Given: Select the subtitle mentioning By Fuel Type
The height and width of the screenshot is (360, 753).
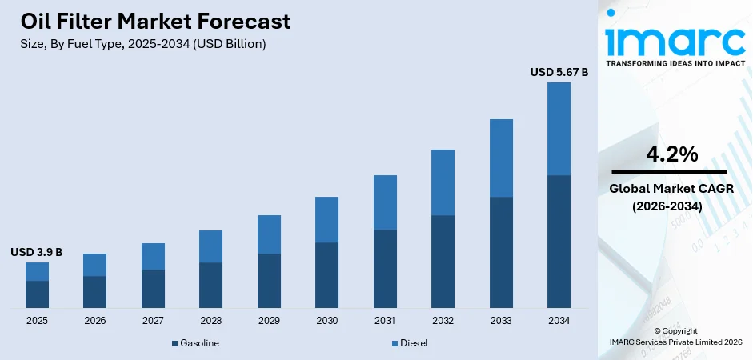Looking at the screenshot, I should (142, 44).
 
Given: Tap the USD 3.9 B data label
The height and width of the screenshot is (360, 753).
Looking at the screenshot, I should (36, 252).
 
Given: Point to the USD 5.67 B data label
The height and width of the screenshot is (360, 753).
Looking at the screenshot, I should (559, 72).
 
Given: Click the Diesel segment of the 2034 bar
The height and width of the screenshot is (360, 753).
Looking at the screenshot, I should (559, 128).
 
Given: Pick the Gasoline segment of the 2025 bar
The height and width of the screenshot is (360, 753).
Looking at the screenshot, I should (37, 294).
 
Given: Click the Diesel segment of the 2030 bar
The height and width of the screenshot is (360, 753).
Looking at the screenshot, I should (326, 219).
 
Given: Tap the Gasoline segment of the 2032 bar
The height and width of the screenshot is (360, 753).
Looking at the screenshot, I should (443, 262).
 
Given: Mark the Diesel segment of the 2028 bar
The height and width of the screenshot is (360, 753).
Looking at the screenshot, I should (210, 246).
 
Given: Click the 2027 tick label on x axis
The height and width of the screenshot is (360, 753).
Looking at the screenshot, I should (153, 321).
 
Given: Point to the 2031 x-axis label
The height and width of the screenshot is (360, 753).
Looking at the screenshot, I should (385, 321).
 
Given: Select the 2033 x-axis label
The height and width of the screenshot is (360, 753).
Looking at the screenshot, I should (501, 321).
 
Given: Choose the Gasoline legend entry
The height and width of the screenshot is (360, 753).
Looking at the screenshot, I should (195, 343).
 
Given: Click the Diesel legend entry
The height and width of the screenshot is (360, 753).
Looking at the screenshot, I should (410, 343).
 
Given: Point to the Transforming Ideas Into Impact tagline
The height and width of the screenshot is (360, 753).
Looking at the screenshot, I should (675, 62).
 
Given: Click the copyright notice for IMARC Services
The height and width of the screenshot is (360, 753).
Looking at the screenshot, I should (675, 336).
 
